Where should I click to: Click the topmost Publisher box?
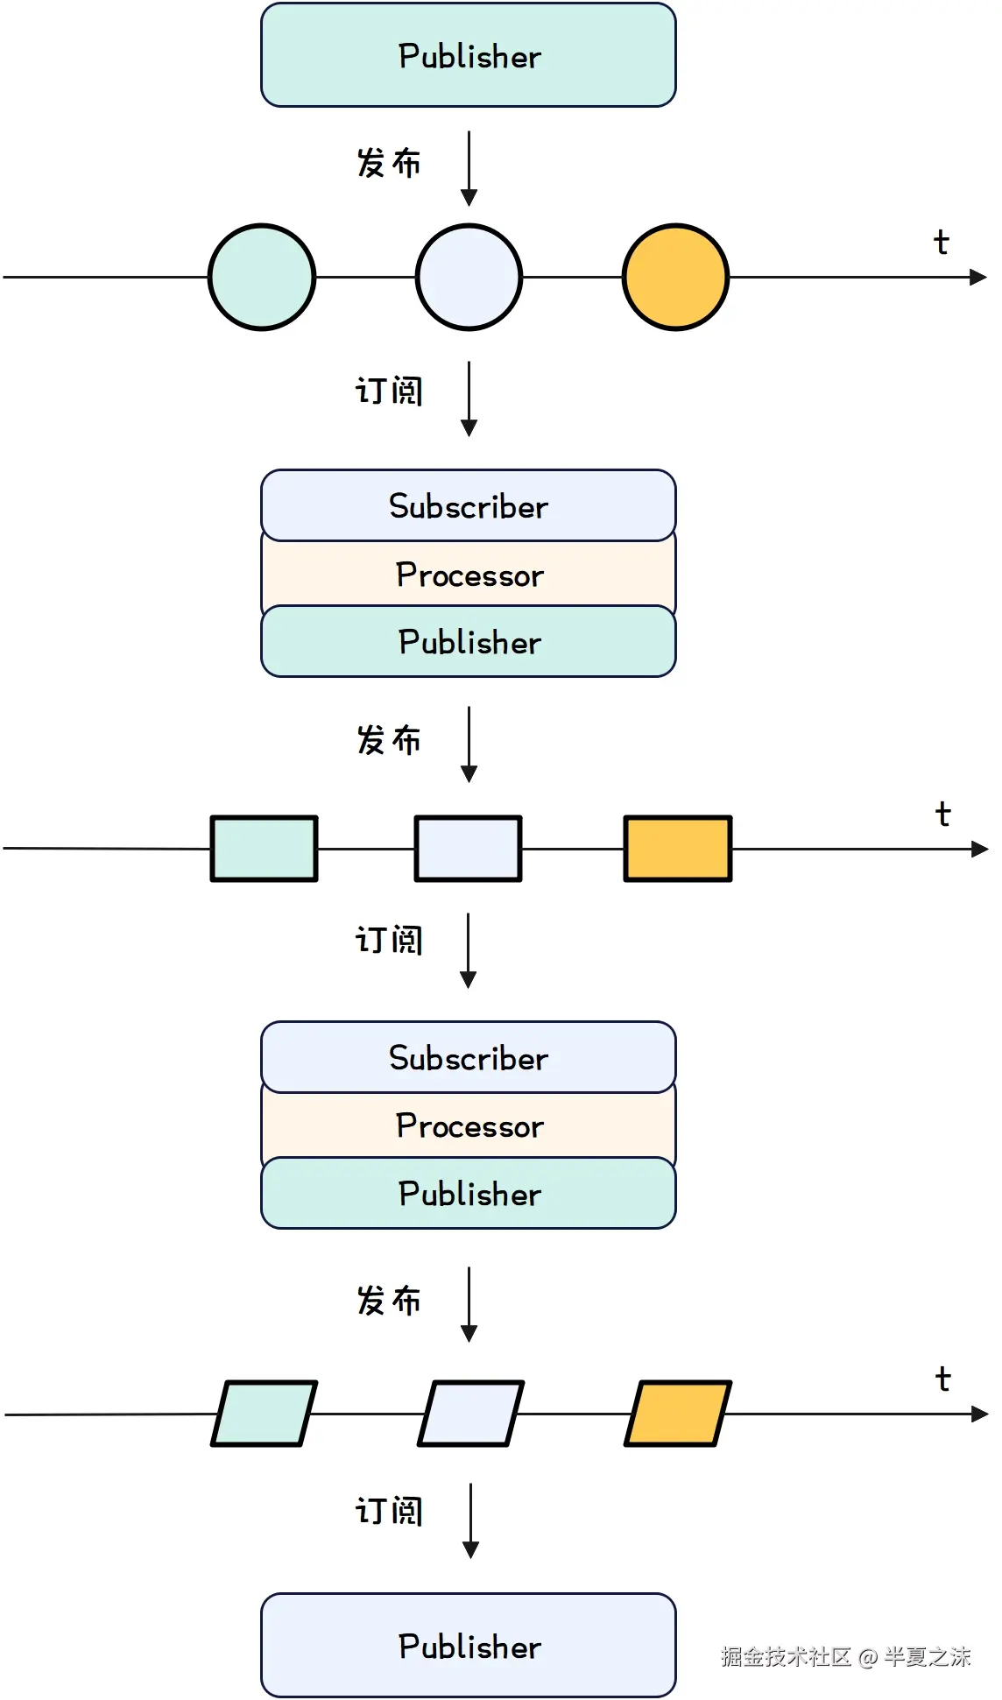coord(468,55)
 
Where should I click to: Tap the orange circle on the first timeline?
coord(675,277)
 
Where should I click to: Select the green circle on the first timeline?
coord(262,277)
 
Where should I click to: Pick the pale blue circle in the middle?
coord(469,277)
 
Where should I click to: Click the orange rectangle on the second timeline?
coord(677,848)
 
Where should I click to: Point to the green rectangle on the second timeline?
coord(264,848)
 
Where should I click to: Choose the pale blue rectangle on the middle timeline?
coord(468,848)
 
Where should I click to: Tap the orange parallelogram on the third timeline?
coord(677,1413)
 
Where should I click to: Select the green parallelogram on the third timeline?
coord(264,1413)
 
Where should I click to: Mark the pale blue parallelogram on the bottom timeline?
coord(470,1413)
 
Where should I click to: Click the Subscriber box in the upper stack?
coord(468,505)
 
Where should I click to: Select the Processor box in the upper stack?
coord(468,575)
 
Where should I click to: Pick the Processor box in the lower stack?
coord(468,1125)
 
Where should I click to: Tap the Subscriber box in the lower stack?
coord(468,1057)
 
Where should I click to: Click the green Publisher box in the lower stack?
coord(468,1194)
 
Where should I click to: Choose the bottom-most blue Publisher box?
coord(468,1646)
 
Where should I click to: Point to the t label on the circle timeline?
coord(941,242)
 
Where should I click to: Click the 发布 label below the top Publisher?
coord(388,163)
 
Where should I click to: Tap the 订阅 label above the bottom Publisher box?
coord(388,1511)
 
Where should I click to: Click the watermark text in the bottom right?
coord(845,1656)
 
